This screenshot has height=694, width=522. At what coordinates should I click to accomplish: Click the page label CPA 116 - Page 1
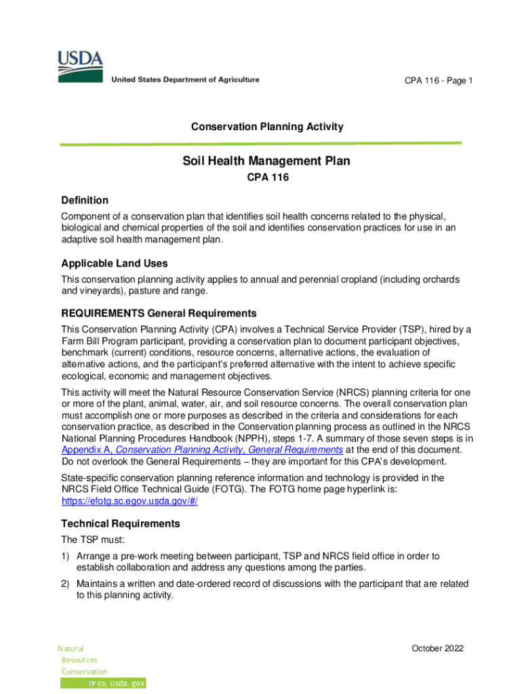coord(439,81)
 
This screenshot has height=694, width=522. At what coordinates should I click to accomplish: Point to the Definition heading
coord(85,201)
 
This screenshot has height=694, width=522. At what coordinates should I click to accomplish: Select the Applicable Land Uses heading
coord(115,264)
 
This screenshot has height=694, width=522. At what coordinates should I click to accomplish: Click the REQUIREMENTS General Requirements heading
coord(159,314)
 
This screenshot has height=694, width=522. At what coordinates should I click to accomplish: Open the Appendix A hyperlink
coord(201,450)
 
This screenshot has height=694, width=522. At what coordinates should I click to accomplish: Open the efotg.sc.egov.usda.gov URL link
coord(129,502)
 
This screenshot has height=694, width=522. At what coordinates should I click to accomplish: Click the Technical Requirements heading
coord(121,524)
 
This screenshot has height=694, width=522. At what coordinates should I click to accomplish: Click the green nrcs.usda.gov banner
coord(104,683)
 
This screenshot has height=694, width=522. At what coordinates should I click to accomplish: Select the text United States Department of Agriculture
coord(184,80)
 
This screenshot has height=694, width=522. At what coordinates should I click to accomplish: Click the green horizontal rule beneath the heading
coord(261,144)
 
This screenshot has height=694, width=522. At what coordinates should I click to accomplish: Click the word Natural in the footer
coord(71,649)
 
